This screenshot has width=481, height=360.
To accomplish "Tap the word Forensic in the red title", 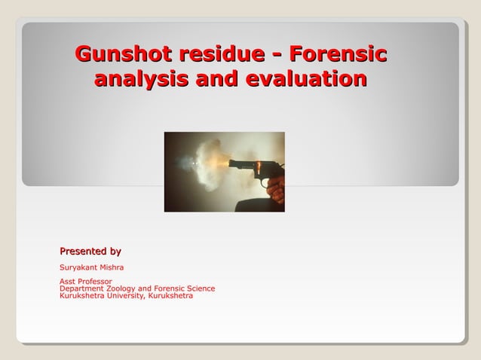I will tap(338, 55).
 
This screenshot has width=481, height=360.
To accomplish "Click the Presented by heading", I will tap(90, 251).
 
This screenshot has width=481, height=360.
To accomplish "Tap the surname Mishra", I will tap(112, 267).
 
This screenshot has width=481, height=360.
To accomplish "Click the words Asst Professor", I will tap(85, 282).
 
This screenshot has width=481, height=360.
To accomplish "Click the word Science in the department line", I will tap(199, 288).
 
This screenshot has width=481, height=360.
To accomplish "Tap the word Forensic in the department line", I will tap(166, 288).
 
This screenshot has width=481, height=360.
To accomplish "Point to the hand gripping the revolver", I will tap(277, 190).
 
